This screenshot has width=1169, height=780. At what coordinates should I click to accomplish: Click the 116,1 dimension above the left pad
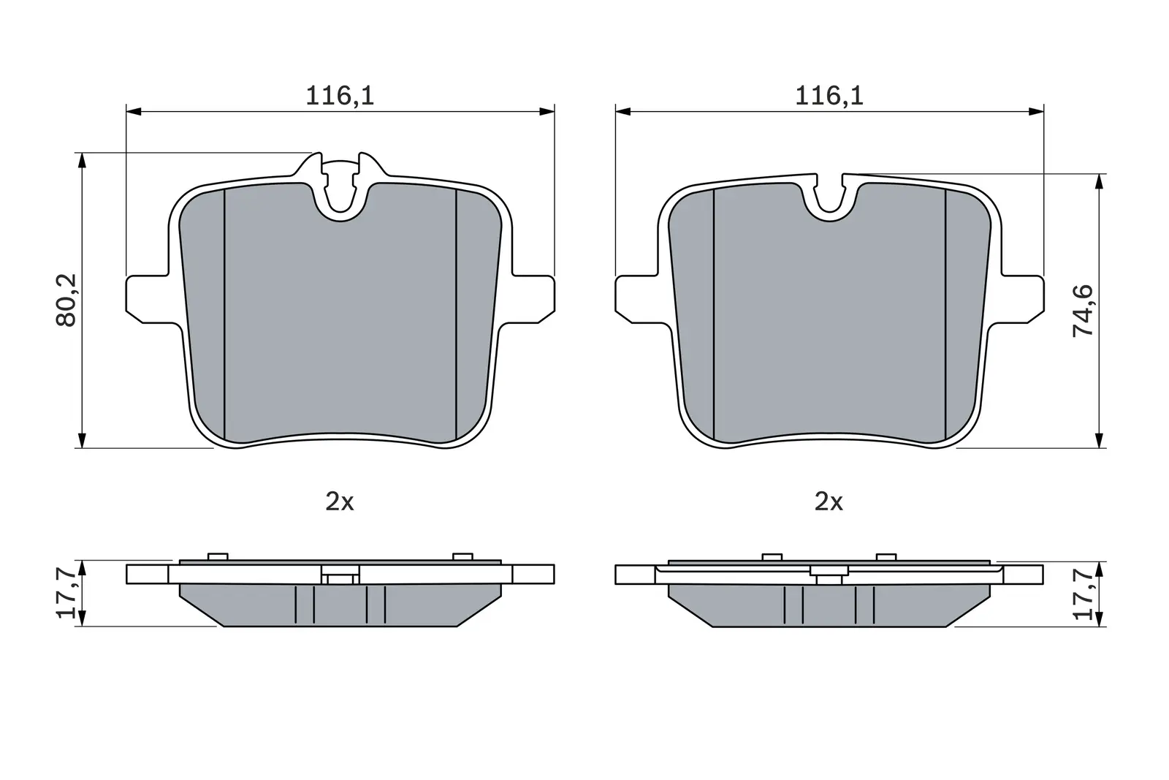(x=340, y=96)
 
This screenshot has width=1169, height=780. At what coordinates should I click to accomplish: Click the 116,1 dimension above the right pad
(x=829, y=96)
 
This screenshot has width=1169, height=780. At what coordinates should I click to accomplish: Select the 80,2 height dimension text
(x=66, y=300)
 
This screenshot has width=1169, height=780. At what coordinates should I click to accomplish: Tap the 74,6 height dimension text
(x=1083, y=311)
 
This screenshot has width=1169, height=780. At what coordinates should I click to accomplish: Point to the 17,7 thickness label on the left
(x=66, y=593)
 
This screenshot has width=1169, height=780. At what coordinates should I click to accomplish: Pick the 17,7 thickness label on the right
(x=1083, y=594)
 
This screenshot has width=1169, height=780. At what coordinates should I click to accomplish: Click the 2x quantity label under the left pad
(x=340, y=502)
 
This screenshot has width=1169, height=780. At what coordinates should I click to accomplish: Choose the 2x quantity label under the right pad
(x=829, y=502)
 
